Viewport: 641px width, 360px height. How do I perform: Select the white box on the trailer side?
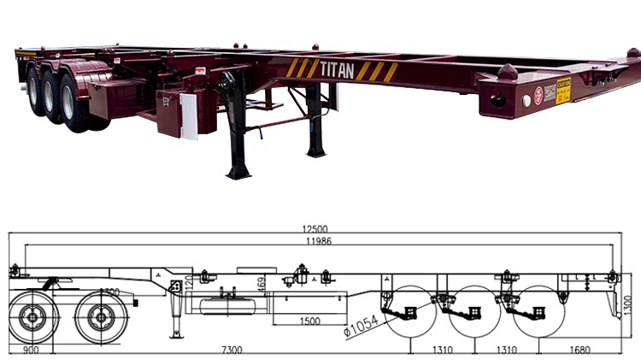[x=187, y=116]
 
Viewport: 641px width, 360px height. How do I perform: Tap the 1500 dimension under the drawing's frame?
[x=310, y=320]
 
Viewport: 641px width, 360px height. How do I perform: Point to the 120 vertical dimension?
[x=189, y=282]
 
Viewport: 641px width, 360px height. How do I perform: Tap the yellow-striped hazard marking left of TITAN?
[x=302, y=68]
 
